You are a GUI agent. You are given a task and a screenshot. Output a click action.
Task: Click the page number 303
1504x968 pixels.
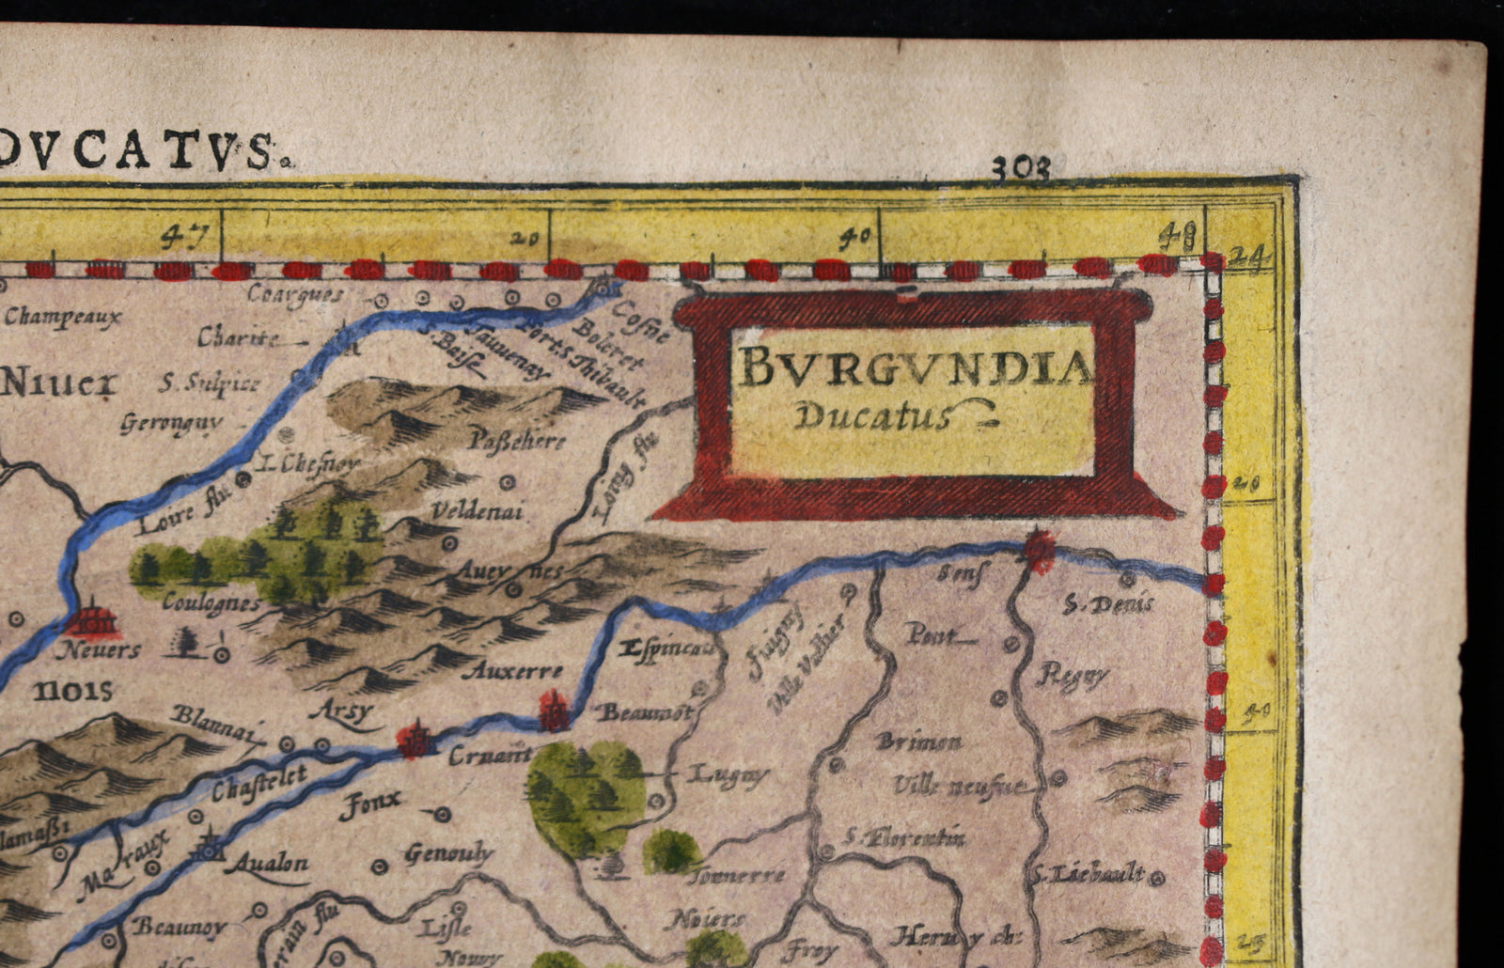(x=1021, y=168)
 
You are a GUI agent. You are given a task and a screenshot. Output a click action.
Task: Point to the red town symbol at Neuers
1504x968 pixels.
(x=93, y=620)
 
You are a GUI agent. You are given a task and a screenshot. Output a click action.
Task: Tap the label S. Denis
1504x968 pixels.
(x=1107, y=604)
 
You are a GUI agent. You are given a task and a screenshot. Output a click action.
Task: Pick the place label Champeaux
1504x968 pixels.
(x=62, y=317)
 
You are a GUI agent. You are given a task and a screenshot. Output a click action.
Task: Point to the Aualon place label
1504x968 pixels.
(x=271, y=863)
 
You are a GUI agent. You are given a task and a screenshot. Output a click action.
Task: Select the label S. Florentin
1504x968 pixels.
(x=904, y=835)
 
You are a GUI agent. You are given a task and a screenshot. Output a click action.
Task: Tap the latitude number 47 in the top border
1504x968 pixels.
(x=175, y=236)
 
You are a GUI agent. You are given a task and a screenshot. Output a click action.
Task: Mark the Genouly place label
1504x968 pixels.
(x=448, y=853)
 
